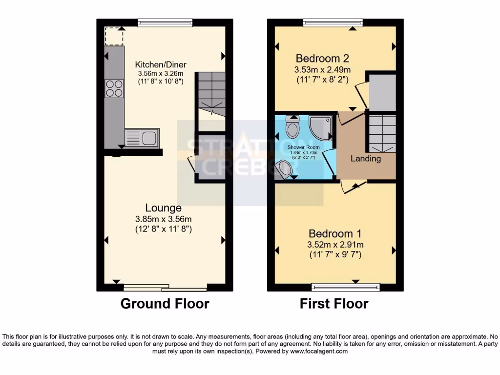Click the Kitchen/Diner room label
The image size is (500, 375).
coord(161,64)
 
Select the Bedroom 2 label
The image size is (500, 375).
coord(322,59)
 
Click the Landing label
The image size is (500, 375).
coord(366,159)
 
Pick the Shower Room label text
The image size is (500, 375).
coord(303,147)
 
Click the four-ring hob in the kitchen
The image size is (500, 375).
coord(114,88)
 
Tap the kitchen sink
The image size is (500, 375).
coord(142,138)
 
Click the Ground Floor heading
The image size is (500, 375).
coord(165,304)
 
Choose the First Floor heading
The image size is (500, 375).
coord(334,304)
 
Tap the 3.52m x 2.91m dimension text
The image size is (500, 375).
coord(335,245)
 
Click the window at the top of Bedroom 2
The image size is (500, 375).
coord(333,22)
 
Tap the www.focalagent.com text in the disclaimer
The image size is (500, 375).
coord(319,351)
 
